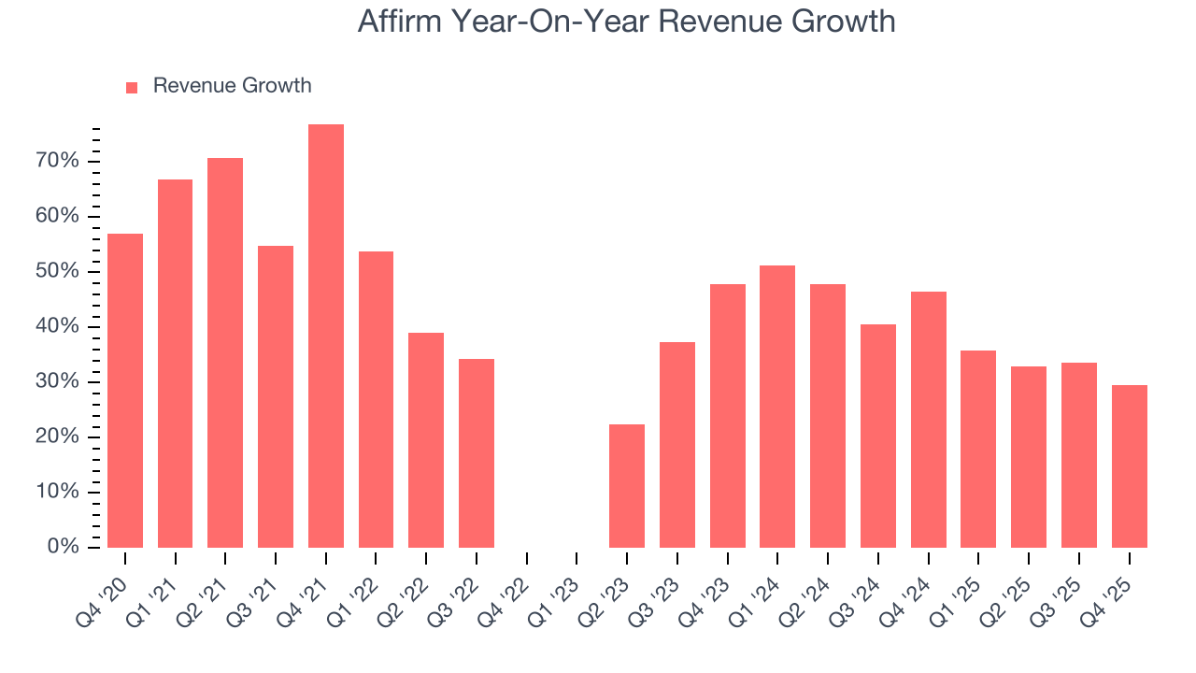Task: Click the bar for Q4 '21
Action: pyautogui.click(x=326, y=336)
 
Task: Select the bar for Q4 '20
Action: pyautogui.click(x=125, y=390)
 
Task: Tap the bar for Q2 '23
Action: pyautogui.click(x=627, y=485)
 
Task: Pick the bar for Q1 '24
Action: pyautogui.click(x=777, y=406)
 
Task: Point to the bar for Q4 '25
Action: pyautogui.click(x=1129, y=465)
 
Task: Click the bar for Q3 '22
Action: pyautogui.click(x=477, y=452)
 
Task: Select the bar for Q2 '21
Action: pyautogui.click(x=225, y=352)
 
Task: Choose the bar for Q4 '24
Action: pyautogui.click(x=928, y=419)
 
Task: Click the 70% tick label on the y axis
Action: pyautogui.click(x=58, y=162)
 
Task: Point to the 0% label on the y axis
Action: pyautogui.click(x=64, y=547)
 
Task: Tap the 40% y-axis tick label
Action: pyautogui.click(x=58, y=327)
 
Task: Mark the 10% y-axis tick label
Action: pyautogui.click(x=58, y=492)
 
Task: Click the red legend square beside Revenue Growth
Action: pyautogui.click(x=132, y=87)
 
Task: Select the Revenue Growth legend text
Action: pyautogui.click(x=232, y=86)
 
